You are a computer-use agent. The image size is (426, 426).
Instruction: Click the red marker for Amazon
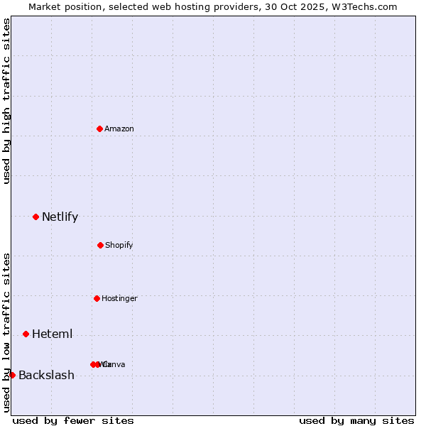100,129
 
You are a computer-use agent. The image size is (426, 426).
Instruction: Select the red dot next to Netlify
35,217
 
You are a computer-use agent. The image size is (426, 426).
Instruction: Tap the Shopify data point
100,245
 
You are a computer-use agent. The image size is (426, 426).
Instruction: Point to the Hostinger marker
97,298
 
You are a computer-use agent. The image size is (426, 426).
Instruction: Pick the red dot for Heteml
26,334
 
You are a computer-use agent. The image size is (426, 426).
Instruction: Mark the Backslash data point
12,375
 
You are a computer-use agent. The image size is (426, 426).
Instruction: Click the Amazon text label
119,129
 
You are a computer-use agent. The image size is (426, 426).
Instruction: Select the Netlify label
60,217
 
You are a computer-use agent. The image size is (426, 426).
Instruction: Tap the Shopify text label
119,245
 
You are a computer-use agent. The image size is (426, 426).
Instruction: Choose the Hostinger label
119,298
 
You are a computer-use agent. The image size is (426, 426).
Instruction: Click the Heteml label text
52,334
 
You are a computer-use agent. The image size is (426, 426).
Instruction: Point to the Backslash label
46,376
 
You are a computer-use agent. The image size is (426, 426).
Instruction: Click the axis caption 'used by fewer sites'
73,420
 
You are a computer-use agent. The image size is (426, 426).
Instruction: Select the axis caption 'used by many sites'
356,420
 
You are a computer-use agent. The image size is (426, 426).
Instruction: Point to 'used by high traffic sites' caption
6,101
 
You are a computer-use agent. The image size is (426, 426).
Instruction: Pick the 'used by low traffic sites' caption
6,332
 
